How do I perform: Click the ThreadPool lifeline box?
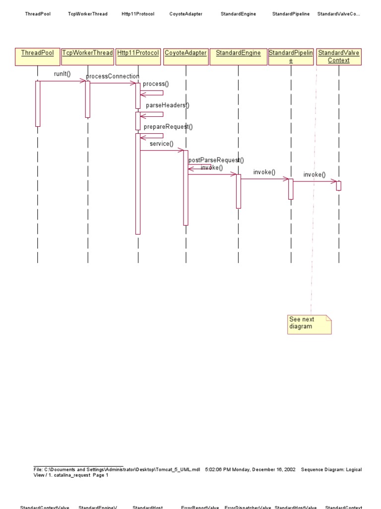(37, 57)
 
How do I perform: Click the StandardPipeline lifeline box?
(291, 56)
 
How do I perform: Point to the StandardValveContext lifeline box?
(339, 56)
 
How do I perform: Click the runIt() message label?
(63, 75)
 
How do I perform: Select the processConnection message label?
(113, 76)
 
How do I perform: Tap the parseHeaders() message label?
(167, 105)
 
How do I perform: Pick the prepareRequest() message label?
(168, 127)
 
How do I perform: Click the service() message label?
(161, 144)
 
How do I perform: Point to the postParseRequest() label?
(216, 160)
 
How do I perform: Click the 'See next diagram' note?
(309, 324)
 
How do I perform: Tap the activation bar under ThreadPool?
(37, 103)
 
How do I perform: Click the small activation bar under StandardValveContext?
(338, 185)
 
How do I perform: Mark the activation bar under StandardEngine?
(238, 191)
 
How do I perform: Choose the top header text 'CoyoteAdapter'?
(186, 14)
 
